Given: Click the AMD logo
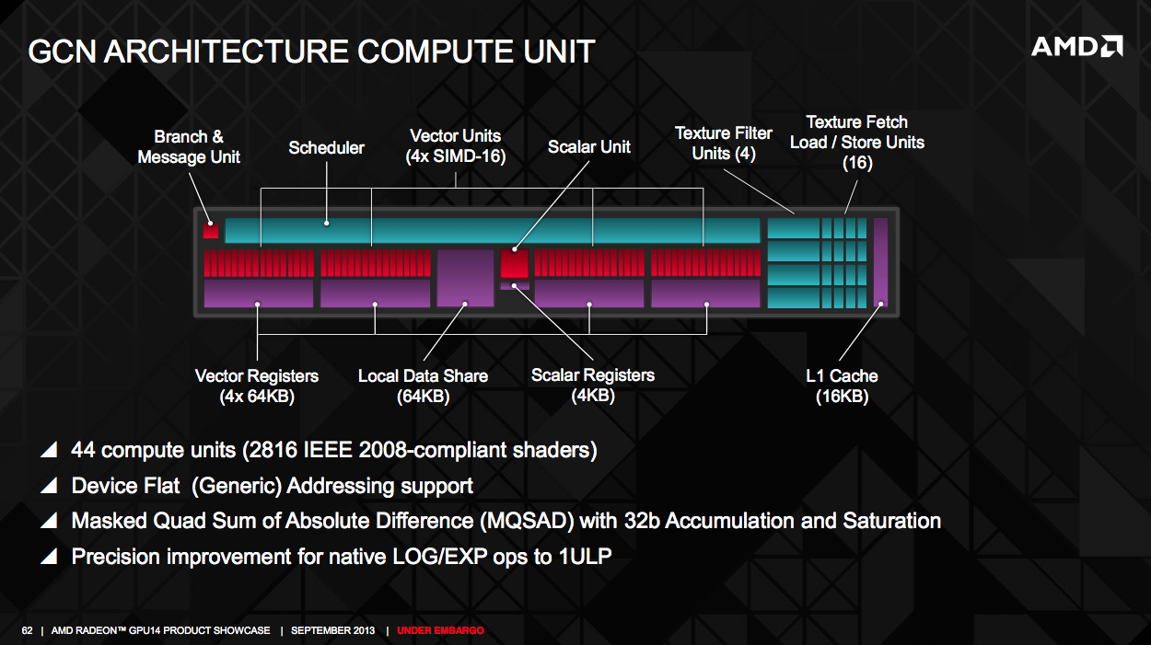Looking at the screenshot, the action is click(x=1076, y=46).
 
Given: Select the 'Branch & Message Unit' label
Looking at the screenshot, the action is click(x=189, y=147).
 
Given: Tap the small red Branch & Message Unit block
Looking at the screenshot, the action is click(x=211, y=231).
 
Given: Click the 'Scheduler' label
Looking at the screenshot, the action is click(x=326, y=148).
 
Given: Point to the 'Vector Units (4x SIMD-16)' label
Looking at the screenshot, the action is click(x=455, y=146).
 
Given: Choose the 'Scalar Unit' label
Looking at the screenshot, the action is click(x=589, y=147).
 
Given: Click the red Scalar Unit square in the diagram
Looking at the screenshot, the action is click(x=515, y=263).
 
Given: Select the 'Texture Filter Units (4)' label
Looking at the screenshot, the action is click(x=724, y=144).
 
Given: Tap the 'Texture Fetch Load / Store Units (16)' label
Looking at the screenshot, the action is click(x=857, y=143).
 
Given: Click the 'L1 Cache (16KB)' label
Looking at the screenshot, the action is click(x=842, y=386).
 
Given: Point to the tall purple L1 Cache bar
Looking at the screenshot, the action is click(x=880, y=262).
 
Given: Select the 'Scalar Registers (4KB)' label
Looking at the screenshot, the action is click(x=593, y=386).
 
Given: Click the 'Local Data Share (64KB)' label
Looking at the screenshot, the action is click(x=423, y=386).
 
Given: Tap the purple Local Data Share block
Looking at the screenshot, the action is click(x=465, y=278).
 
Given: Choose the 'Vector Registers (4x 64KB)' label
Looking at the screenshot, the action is click(x=257, y=386).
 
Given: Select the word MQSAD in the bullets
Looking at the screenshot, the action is click(x=526, y=521).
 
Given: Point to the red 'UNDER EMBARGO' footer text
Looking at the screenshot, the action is click(x=440, y=630).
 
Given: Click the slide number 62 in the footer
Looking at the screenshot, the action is click(x=27, y=630).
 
